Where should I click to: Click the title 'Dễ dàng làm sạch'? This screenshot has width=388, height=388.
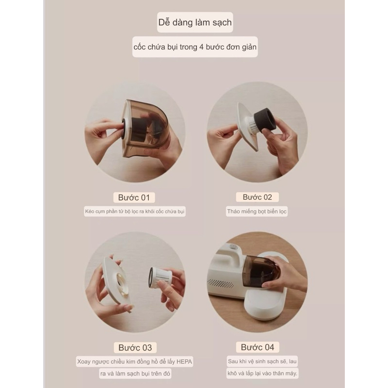pyautogui.click(x=195, y=22)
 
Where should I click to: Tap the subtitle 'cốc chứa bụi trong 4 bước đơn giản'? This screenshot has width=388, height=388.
pyautogui.click(x=195, y=47)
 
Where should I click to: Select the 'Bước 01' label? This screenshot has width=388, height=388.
pyautogui.click(x=134, y=197)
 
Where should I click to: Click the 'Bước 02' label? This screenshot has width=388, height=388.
pyautogui.click(x=258, y=197)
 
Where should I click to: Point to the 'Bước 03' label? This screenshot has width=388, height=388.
pyautogui.click(x=135, y=347)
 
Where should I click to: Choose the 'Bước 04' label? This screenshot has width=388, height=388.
pyautogui.click(x=258, y=347)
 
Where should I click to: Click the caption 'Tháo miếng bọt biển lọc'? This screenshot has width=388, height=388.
pyautogui.click(x=257, y=211)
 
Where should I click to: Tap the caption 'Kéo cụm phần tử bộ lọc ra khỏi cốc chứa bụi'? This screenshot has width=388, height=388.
pyautogui.click(x=135, y=211)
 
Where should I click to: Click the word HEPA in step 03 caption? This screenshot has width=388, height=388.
pyautogui.click(x=184, y=361)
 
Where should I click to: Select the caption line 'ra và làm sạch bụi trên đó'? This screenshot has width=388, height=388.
pyautogui.click(x=135, y=373)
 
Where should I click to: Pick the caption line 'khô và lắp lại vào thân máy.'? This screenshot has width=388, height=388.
pyautogui.click(x=262, y=373)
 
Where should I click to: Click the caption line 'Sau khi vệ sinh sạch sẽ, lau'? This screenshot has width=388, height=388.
pyautogui.click(x=262, y=361)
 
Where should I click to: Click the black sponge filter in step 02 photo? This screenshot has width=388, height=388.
pyautogui.click(x=264, y=120)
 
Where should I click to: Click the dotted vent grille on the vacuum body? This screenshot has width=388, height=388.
pyautogui.click(x=221, y=284)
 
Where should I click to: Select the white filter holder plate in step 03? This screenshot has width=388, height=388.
pyautogui.click(x=115, y=285)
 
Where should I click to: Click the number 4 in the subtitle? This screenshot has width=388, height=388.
pyautogui.click(x=201, y=47)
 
